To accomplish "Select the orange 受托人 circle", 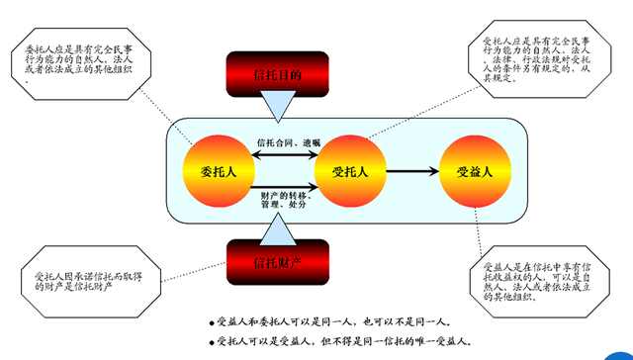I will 348,170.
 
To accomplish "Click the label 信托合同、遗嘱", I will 281,142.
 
